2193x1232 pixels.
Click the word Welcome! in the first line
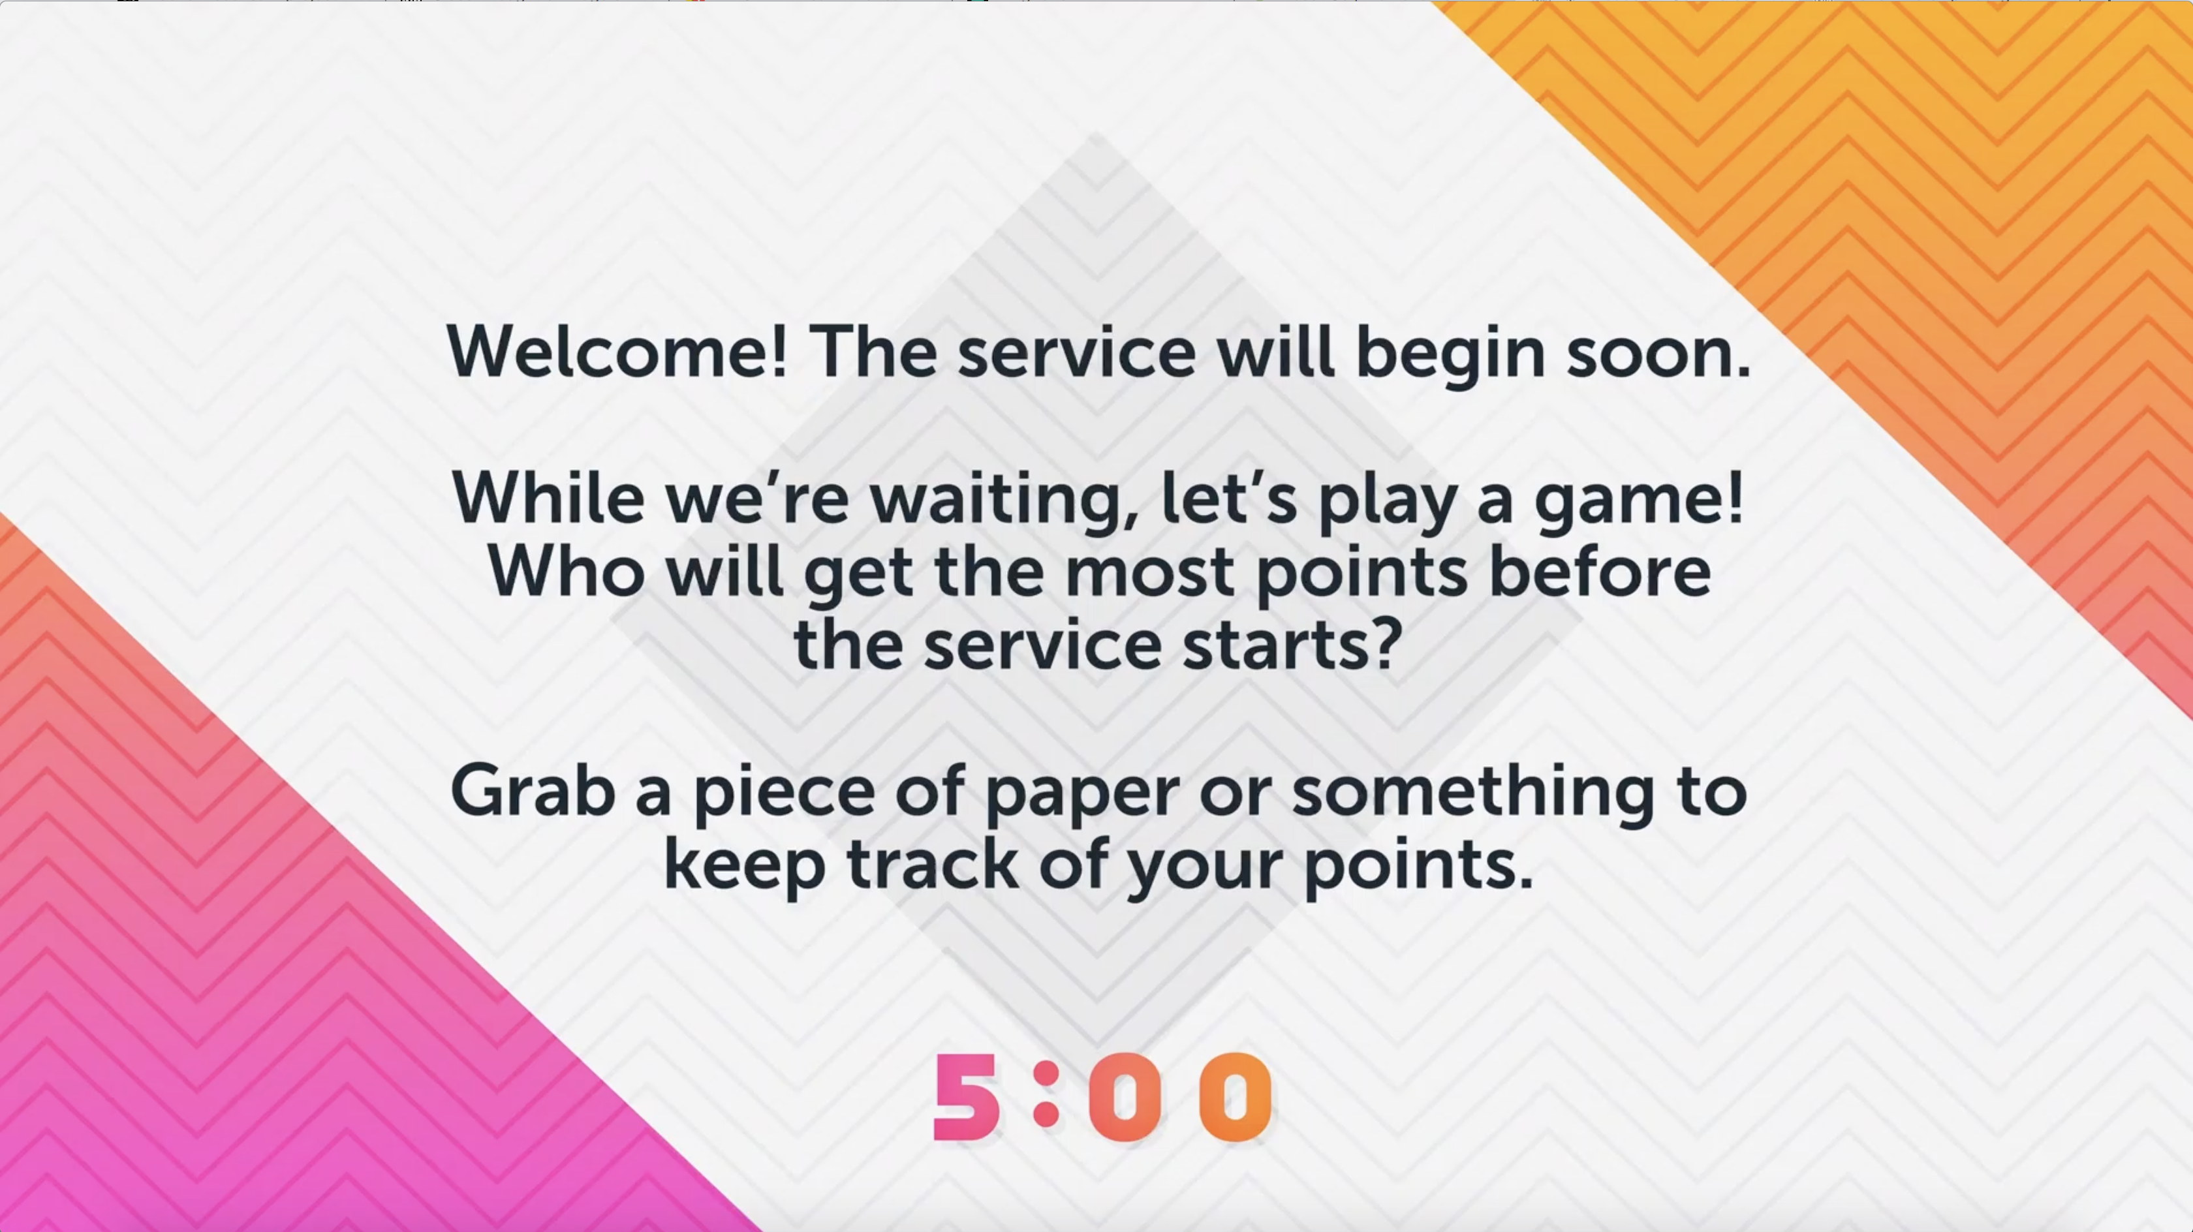tap(617, 352)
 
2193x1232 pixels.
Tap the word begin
tap(1450, 354)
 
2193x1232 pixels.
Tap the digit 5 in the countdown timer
tap(968, 1097)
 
